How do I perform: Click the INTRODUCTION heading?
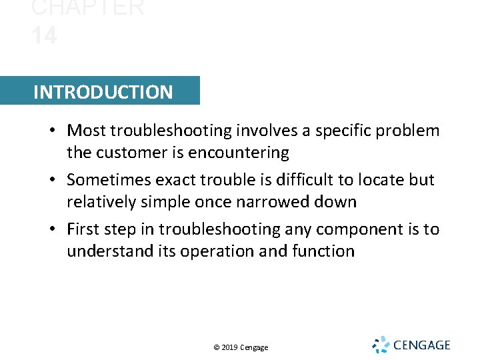click(x=103, y=92)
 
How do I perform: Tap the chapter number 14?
click(x=44, y=35)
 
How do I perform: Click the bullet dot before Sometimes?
click(x=53, y=180)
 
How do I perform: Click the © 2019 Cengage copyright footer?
click(x=241, y=347)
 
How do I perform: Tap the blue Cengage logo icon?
click(x=380, y=345)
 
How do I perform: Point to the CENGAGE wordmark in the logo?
click(x=422, y=345)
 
